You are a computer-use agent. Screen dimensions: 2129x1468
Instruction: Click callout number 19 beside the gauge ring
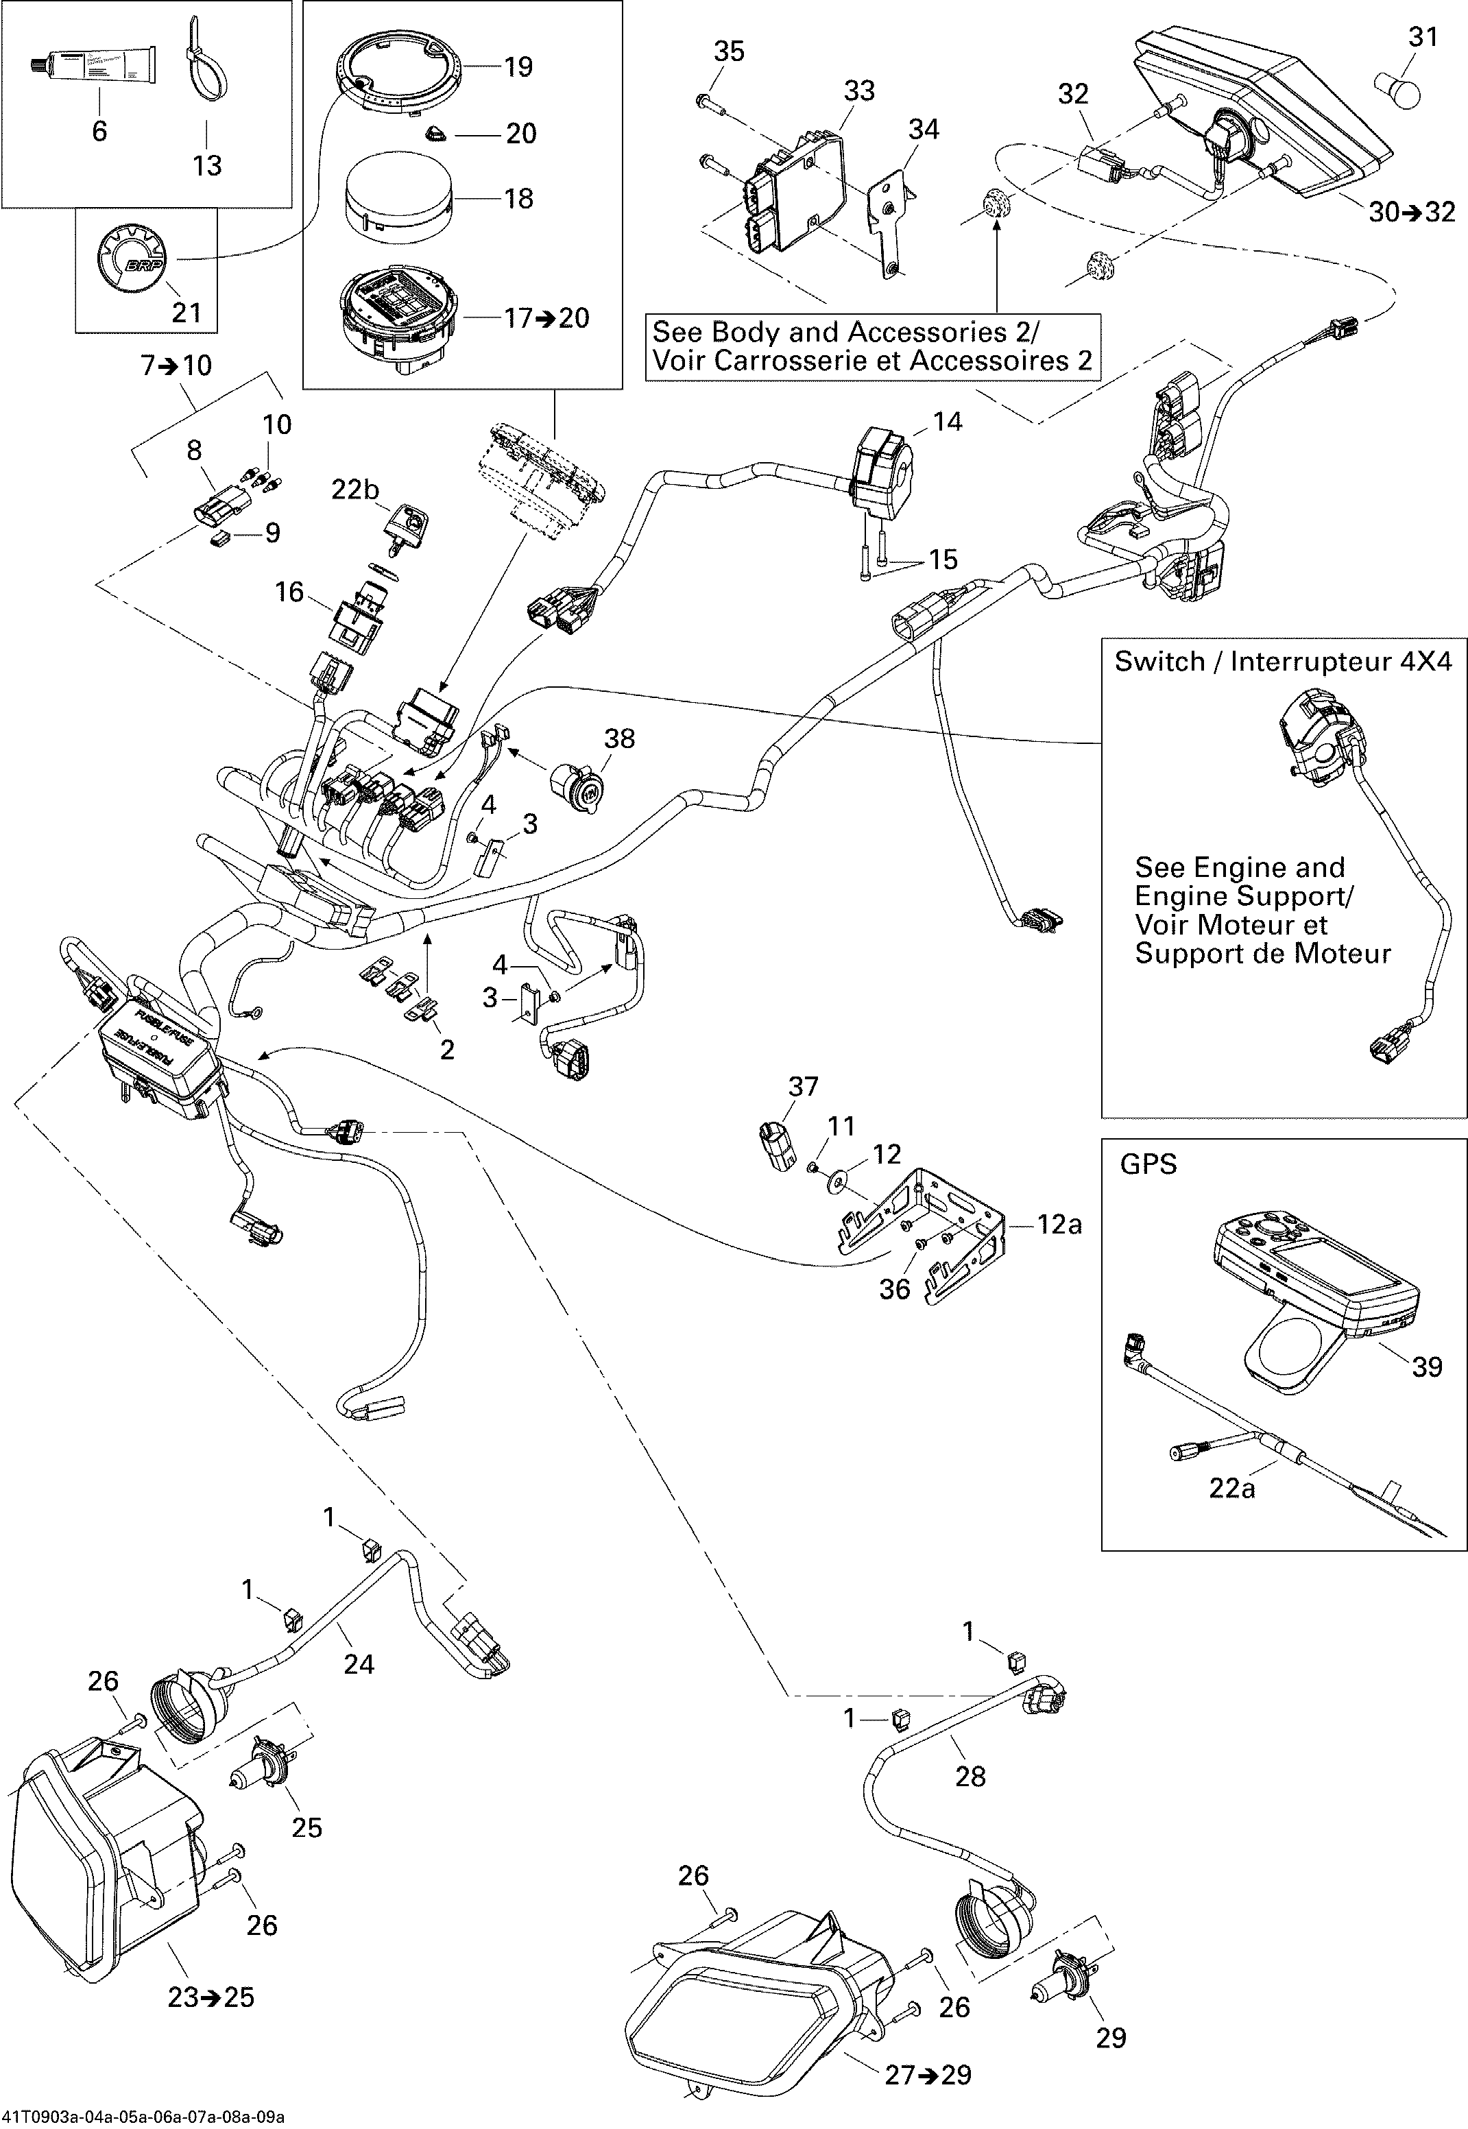(518, 67)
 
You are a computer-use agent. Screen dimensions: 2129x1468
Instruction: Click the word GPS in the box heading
(1148, 1164)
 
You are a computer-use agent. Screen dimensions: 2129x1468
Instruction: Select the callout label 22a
(1231, 1487)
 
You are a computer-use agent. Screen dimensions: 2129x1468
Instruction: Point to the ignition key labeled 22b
(407, 529)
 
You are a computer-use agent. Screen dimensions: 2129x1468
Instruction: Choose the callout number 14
(948, 421)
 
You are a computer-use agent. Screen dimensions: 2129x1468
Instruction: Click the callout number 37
(803, 1086)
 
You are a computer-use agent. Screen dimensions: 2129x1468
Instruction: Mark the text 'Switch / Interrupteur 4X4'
(1283, 661)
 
